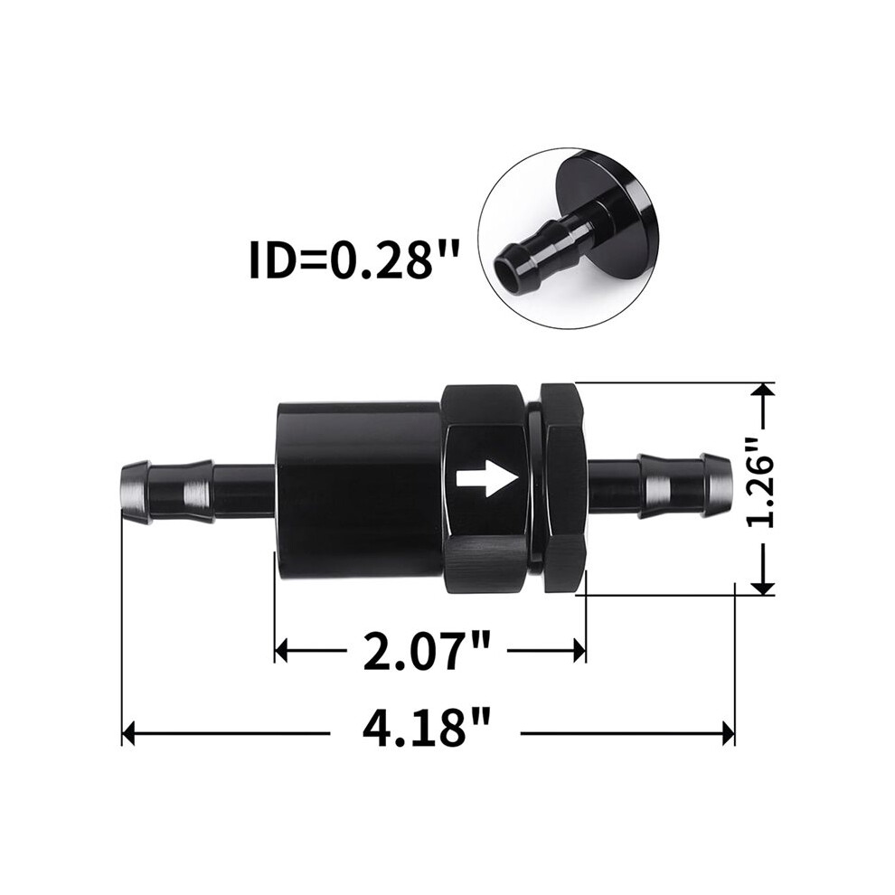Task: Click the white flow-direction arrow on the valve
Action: click(x=487, y=476)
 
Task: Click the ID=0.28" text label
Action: click(x=354, y=261)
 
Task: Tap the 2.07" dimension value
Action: click(x=427, y=650)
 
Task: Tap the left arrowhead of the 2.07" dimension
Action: click(x=281, y=650)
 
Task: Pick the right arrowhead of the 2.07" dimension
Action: click(x=579, y=650)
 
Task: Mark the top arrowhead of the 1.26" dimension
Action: click(x=763, y=389)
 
